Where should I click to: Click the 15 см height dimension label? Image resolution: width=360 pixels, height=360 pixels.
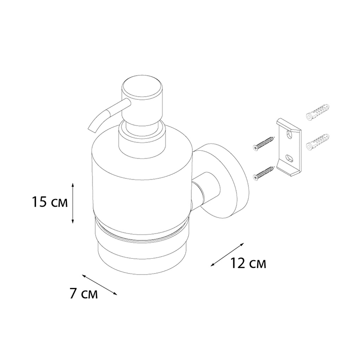(x=50, y=202)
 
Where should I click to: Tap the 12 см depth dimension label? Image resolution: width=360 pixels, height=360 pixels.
(x=248, y=263)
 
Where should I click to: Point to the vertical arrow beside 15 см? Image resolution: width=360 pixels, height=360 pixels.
(x=73, y=203)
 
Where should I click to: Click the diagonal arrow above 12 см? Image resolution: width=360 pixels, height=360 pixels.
(x=227, y=255)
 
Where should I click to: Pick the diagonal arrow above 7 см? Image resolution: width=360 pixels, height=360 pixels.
(x=100, y=285)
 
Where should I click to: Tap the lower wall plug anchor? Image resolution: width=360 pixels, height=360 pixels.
(x=318, y=142)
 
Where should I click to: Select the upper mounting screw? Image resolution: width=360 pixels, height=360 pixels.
(x=263, y=142)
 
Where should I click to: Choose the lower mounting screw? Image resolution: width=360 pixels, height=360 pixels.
(x=263, y=173)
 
